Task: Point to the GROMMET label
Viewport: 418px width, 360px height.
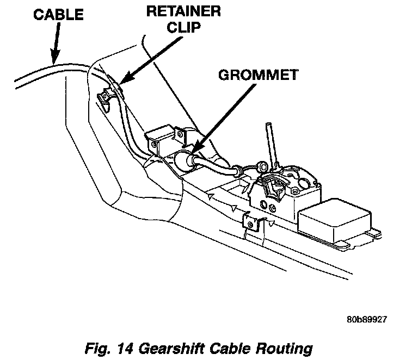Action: tap(257, 75)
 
